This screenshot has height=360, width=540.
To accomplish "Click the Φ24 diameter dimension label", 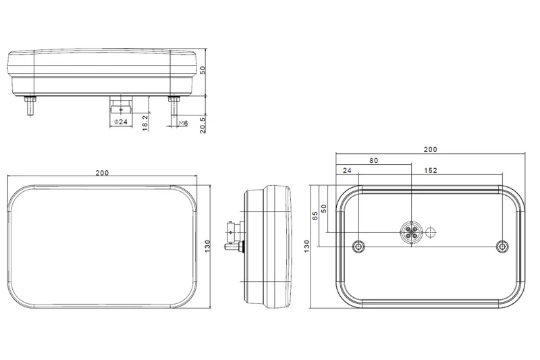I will (122, 122).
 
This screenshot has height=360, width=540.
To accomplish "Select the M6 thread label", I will (180, 122).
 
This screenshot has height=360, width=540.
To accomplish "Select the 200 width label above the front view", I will (102, 173).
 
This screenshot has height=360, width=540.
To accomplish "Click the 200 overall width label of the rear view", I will (430, 150).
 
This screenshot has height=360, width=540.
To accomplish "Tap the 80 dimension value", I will (373, 161).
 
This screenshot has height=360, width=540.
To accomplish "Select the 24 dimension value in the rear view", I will (347, 170).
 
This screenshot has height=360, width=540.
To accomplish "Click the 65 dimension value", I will (315, 216).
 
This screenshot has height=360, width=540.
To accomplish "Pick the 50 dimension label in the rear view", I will (324, 209).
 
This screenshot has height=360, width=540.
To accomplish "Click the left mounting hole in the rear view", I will (359, 245).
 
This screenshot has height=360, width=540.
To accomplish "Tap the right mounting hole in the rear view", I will (502, 245).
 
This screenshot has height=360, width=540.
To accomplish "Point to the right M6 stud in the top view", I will (174, 103).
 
